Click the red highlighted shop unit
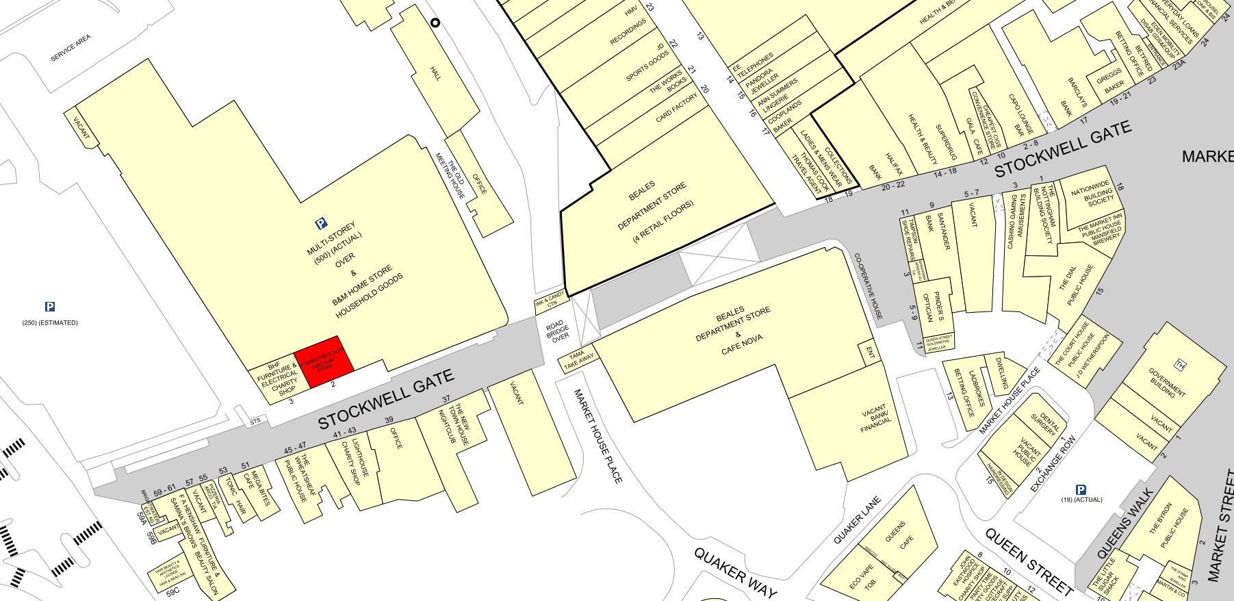[x=324, y=361]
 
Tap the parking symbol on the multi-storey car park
[x=320, y=223]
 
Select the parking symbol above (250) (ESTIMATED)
[x=49, y=307]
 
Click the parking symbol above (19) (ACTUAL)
[x=1081, y=489]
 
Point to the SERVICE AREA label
[x=70, y=48]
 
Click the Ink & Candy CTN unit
[x=550, y=300]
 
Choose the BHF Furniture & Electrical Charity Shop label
[x=279, y=379]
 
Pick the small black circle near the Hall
[x=435, y=23]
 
